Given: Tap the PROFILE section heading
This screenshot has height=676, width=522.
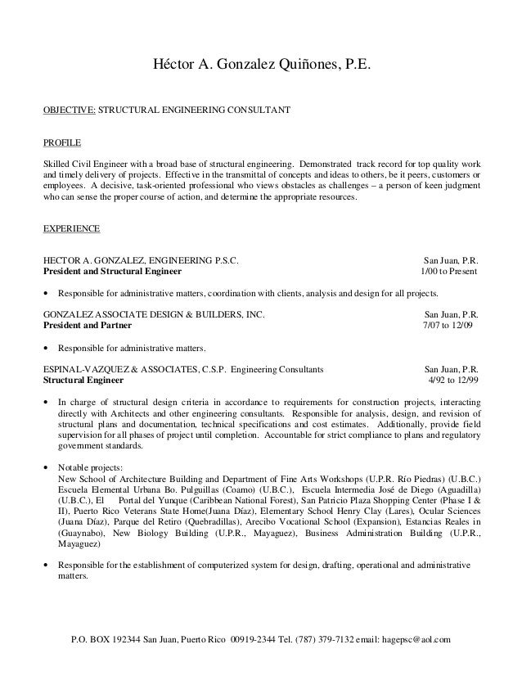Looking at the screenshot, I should click(x=61, y=142).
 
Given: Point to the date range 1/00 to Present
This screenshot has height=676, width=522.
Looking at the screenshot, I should click(x=449, y=271).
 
